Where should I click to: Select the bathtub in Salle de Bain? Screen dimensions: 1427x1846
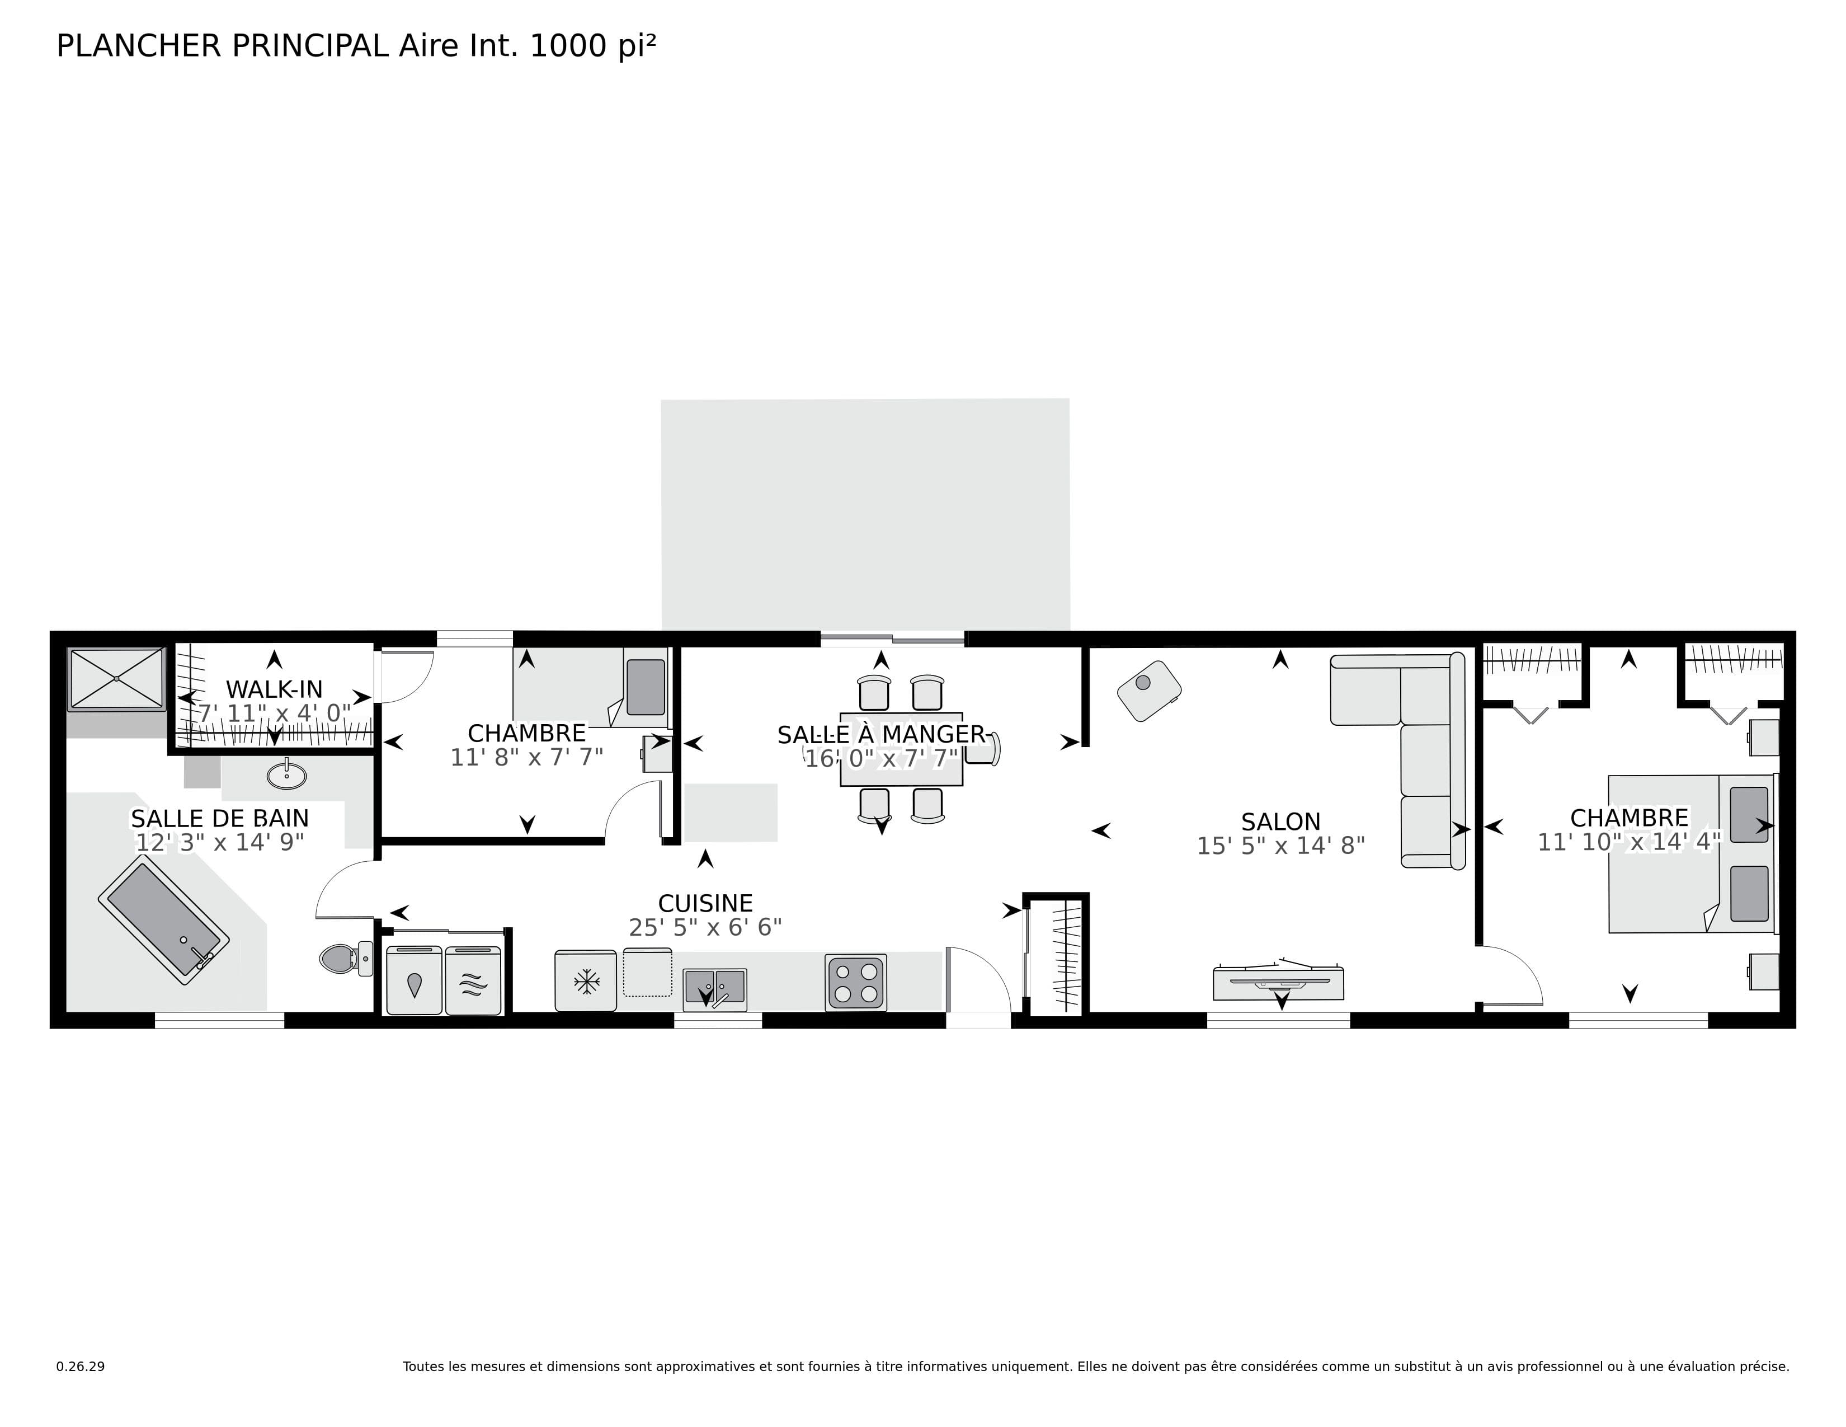(x=164, y=920)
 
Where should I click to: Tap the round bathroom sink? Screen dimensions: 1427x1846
(x=286, y=774)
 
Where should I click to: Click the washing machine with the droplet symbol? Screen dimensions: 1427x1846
(x=414, y=980)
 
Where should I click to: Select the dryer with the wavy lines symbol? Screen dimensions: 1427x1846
(x=473, y=980)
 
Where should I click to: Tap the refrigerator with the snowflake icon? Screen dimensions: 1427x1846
(x=586, y=980)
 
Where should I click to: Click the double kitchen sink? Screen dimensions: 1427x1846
(x=715, y=987)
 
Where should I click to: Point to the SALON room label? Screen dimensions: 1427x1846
(x=1280, y=822)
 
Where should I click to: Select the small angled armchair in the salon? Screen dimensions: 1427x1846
(x=1148, y=691)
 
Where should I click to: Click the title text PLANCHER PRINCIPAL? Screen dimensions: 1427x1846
(x=222, y=46)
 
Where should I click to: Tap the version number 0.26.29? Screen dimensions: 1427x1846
(x=81, y=1366)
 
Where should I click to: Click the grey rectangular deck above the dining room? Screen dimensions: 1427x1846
(x=865, y=514)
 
